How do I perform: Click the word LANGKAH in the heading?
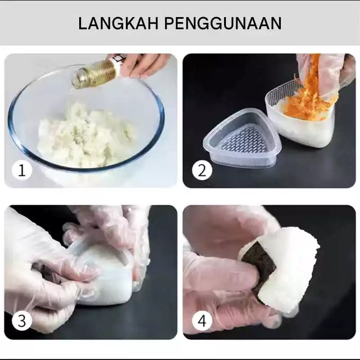pyautogui.click(x=118, y=23)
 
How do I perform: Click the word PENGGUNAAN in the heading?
pyautogui.click(x=223, y=23)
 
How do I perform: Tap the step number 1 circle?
pyautogui.click(x=22, y=171)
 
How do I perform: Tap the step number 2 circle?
pyautogui.click(x=202, y=171)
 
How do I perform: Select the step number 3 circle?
pyautogui.click(x=22, y=321)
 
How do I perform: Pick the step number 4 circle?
pyautogui.click(x=202, y=321)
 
